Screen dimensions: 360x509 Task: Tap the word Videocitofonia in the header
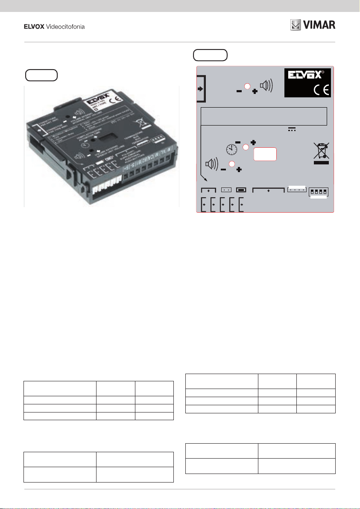pos(65,26)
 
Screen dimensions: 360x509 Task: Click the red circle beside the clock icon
pos(246,147)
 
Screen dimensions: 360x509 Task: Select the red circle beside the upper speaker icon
pos(247,85)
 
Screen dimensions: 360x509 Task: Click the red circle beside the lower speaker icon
pos(231,164)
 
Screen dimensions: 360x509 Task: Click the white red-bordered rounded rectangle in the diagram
pos(265,154)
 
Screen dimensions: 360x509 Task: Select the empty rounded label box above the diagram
pos(210,56)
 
